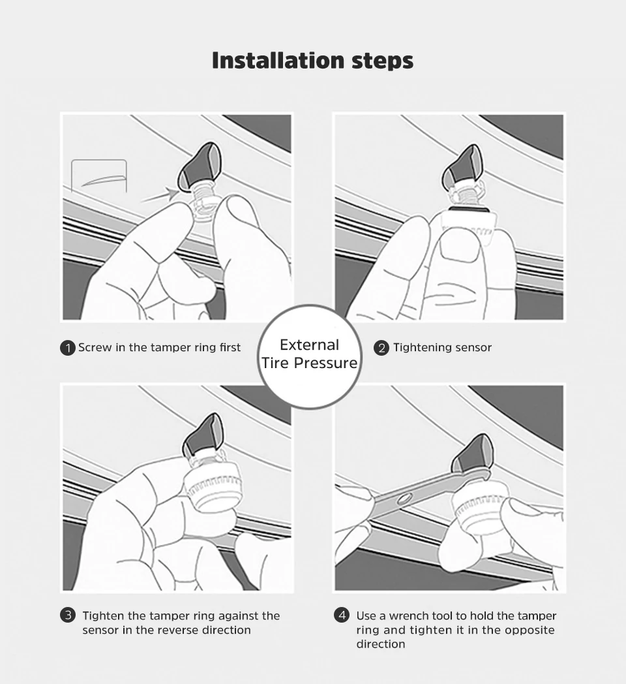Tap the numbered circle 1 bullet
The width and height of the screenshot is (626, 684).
68,348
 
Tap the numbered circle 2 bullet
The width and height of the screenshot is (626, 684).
381,348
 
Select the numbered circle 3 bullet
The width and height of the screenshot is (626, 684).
68,615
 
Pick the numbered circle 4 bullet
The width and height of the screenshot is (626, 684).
342,615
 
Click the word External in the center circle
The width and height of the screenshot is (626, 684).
309,345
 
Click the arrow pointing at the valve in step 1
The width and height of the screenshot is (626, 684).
160,195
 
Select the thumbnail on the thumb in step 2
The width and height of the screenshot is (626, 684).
460,246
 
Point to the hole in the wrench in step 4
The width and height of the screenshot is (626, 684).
403,498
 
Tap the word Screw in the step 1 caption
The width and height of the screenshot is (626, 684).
95,348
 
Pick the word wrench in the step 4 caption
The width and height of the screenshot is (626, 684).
410,616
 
